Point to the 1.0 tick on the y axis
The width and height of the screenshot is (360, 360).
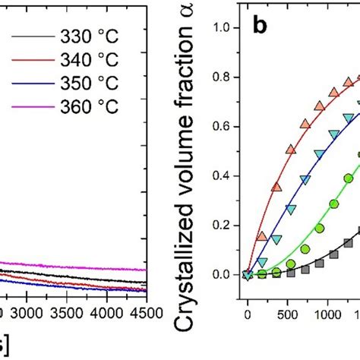[x=221, y=28]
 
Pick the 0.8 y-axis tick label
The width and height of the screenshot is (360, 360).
[x=221, y=77]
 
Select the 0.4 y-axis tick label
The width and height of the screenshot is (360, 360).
[x=221, y=175]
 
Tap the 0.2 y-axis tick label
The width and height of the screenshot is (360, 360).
[x=221, y=225]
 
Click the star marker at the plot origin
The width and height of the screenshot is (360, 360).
[x=247, y=274]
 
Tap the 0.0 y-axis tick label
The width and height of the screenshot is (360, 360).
[x=221, y=274]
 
